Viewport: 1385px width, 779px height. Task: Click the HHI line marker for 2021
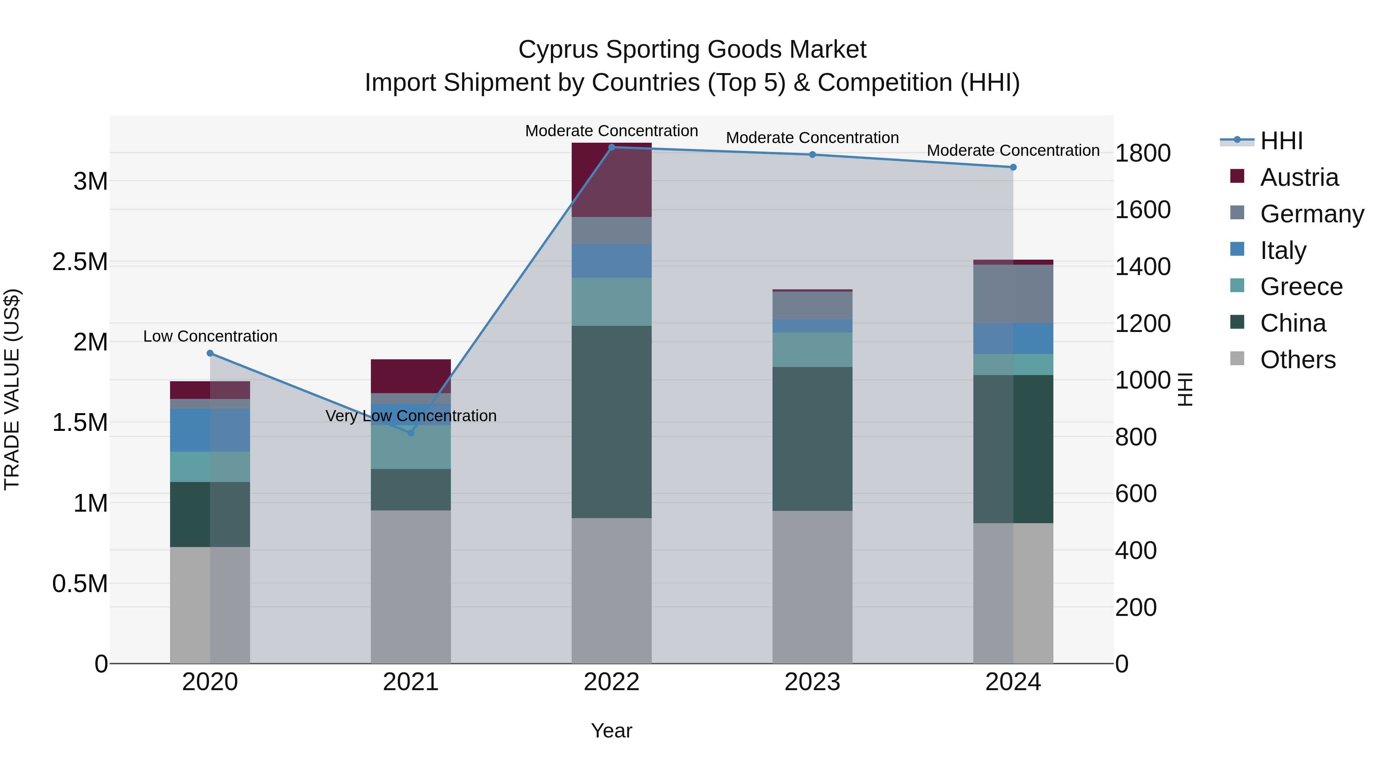(x=411, y=433)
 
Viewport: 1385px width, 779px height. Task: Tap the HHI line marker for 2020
(x=210, y=353)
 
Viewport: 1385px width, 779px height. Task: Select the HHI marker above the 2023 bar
(x=813, y=155)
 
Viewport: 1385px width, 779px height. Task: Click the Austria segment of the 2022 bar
(x=611, y=180)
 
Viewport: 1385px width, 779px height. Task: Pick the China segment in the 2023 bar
(x=813, y=439)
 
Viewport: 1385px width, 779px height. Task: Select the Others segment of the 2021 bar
(x=411, y=586)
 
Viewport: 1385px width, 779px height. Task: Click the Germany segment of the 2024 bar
(x=1013, y=294)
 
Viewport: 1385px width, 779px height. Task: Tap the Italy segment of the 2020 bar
(x=210, y=430)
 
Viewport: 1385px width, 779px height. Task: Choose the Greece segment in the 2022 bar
(x=611, y=302)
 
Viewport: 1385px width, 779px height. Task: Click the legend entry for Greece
(x=1301, y=287)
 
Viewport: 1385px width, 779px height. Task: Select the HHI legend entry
(x=1281, y=141)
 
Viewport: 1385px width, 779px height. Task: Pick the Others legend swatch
(x=1237, y=359)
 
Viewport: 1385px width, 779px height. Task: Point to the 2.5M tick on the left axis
(x=80, y=262)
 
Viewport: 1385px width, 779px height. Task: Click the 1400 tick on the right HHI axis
(x=1143, y=267)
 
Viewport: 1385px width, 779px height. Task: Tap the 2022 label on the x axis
(x=611, y=682)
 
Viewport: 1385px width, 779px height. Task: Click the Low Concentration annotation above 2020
(x=210, y=337)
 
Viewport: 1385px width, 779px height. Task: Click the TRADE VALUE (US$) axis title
(x=12, y=389)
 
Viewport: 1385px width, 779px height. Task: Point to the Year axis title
(x=611, y=731)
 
